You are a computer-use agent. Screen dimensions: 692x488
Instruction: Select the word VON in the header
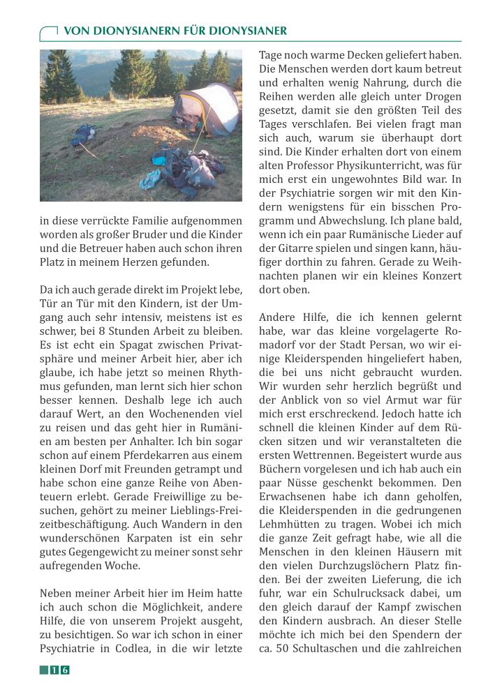(x=76, y=31)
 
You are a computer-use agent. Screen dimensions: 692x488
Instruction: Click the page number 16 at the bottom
(x=59, y=670)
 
